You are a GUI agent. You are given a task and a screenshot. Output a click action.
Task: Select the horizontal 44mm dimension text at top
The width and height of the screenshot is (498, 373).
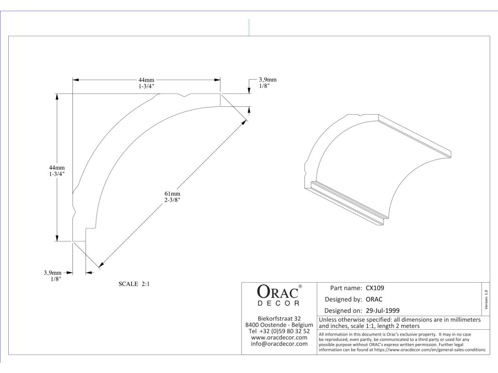pyautogui.click(x=146, y=80)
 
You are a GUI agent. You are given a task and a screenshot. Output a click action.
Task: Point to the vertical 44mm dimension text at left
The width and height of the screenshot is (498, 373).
pyautogui.click(x=63, y=168)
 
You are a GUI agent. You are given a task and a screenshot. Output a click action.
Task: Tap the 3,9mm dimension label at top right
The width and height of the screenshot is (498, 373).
pyautogui.click(x=267, y=80)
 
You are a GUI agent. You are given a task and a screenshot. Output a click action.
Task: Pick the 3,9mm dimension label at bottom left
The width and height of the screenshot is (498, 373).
pyautogui.click(x=52, y=273)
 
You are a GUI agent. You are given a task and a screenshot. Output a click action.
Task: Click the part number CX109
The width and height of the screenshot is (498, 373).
pyautogui.click(x=375, y=288)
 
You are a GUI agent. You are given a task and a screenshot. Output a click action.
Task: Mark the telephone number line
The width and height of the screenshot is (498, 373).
pyautogui.click(x=279, y=331)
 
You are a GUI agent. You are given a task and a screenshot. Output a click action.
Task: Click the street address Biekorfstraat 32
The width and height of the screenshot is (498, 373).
pyautogui.click(x=279, y=318)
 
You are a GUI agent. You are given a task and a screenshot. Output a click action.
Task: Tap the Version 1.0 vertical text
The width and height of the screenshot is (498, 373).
pyautogui.click(x=486, y=298)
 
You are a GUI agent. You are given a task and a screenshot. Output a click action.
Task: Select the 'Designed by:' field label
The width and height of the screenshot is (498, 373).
pyautogui.click(x=343, y=299)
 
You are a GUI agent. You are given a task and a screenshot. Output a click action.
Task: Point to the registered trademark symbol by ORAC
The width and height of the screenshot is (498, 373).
pyautogui.click(x=300, y=287)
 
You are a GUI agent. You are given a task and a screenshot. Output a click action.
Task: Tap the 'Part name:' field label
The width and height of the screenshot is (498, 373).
pyautogui.click(x=346, y=288)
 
